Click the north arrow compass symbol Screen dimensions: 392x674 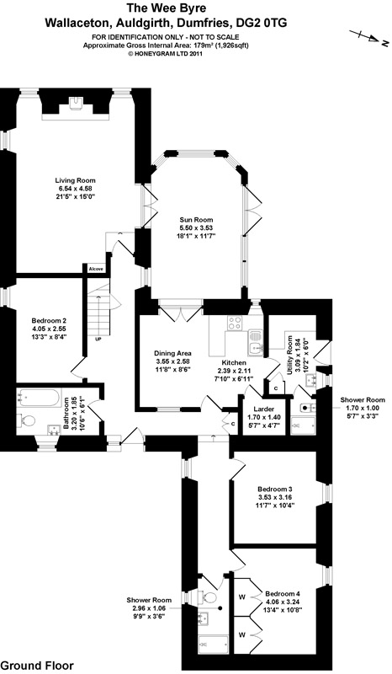368,37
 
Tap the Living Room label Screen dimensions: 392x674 75,180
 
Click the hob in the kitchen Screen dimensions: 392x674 235,323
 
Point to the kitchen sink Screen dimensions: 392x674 255,343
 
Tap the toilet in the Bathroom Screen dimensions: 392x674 26,420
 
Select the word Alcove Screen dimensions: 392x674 96,269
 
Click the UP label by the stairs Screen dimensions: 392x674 98,340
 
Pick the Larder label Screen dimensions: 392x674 264,409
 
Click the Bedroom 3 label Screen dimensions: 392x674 275,489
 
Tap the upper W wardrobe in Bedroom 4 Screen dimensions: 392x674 242,596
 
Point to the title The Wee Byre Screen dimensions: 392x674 166,8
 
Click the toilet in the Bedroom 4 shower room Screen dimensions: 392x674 209,597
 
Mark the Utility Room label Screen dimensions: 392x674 290,355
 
